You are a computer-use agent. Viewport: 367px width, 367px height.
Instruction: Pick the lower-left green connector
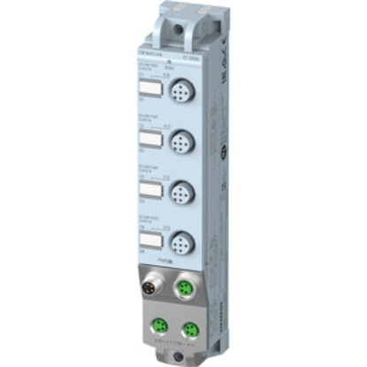coord(157,323)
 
